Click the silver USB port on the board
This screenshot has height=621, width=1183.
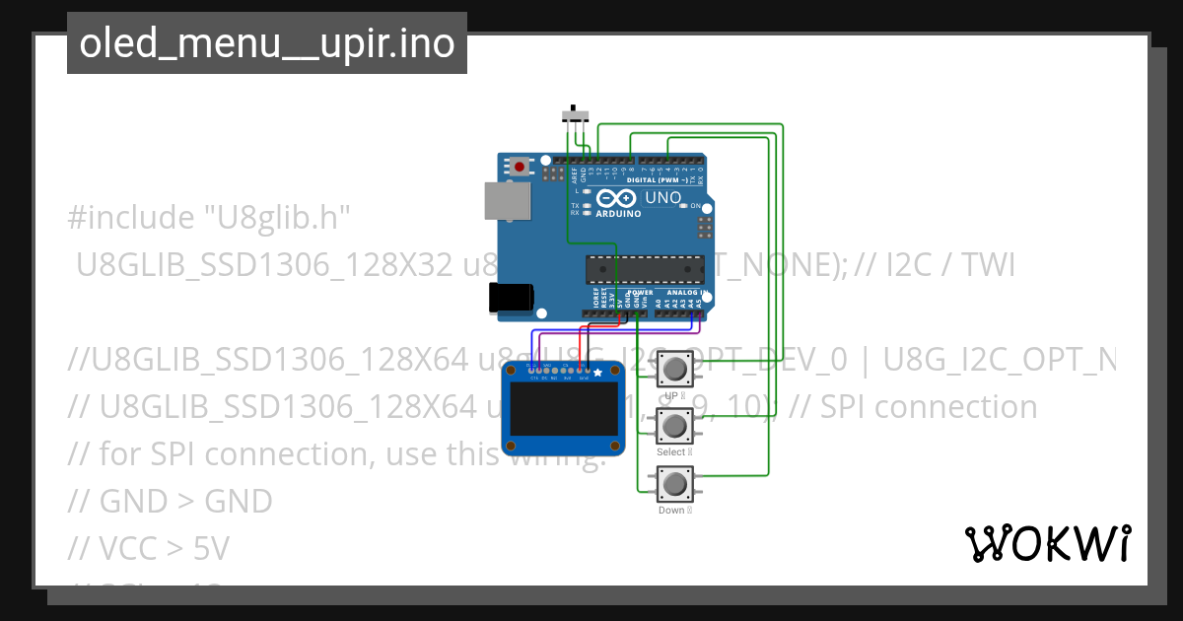tap(506, 200)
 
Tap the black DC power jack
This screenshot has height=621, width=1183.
tap(512, 297)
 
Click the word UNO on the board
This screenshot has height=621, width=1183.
tap(663, 198)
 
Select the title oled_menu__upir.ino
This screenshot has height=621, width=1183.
tap(266, 43)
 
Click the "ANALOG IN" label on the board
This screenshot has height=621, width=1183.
tap(683, 293)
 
